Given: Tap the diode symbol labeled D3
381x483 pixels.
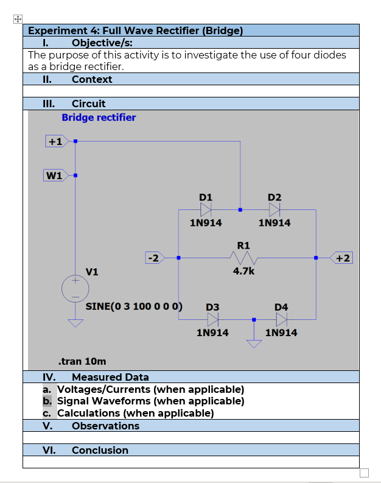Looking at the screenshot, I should point(213,319).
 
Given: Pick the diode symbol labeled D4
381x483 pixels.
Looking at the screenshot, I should point(282,319).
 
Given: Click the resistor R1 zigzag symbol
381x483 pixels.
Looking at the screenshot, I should point(243,258).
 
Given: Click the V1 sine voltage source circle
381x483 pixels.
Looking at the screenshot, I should point(75,288).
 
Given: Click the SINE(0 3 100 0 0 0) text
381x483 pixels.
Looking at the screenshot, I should point(134,306).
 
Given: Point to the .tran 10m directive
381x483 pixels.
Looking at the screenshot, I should point(81,361).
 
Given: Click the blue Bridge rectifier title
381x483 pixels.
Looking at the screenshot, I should point(99,117).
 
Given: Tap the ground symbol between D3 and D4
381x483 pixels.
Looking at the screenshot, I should point(254,343).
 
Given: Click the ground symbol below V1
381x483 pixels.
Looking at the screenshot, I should point(75,323).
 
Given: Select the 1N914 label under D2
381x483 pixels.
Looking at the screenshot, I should point(274,223).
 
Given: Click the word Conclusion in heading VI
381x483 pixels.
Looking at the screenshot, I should point(100,450).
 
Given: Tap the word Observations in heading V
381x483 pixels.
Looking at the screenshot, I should point(105,426).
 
